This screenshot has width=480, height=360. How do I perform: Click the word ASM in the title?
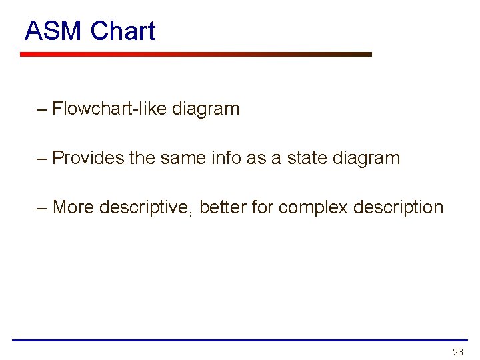pos(53,31)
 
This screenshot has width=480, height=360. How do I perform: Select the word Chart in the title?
pos(123,31)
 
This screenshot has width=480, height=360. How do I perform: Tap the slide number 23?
pos(457,352)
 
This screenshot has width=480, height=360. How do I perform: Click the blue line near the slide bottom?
pos(240,340)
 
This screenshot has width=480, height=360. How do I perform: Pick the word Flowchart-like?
pos(109,108)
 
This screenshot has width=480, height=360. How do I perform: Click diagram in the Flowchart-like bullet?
pos(205,108)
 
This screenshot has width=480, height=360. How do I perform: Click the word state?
pos(308,158)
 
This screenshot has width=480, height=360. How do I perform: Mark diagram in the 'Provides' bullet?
pos(367,158)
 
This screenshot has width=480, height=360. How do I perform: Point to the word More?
pos(73,207)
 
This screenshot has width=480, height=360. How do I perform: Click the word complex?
pos(313,207)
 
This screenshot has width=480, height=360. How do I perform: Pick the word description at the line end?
pos(398,207)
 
